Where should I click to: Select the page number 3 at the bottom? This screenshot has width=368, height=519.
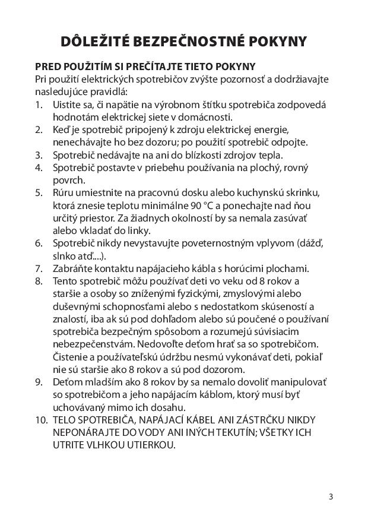click(331, 496)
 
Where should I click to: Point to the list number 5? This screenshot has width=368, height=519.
click(39, 192)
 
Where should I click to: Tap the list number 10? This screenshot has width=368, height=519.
click(41, 419)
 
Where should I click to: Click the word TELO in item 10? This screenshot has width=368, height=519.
click(66, 419)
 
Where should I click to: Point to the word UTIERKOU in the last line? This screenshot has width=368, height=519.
click(151, 445)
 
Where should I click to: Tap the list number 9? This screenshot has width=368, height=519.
click(39, 381)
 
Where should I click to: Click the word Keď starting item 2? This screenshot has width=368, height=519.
click(62, 129)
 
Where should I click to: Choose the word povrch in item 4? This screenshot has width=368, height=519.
click(68, 180)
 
